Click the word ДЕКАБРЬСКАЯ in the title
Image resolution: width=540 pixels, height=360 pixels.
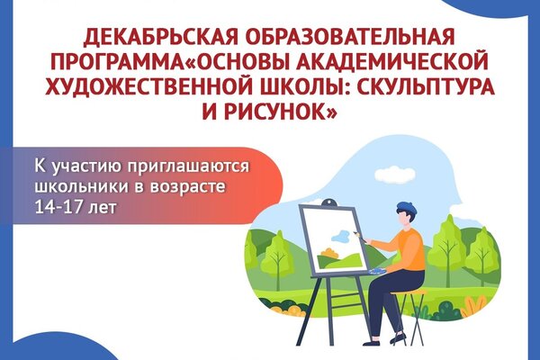(160, 37)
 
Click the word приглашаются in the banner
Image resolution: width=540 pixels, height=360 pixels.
(188, 167)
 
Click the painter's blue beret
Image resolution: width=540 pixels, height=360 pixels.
(407, 209)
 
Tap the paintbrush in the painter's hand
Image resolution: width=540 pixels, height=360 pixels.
(359, 237)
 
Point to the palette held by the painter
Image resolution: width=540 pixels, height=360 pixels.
(378, 271)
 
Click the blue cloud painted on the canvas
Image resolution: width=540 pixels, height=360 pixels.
(340, 236)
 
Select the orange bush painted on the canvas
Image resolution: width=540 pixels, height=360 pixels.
(328, 253)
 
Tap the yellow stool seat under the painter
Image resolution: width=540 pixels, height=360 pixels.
(409, 292)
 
